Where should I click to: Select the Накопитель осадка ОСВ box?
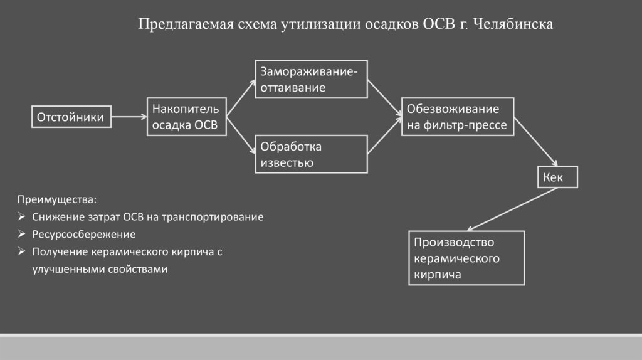pyautogui.click(x=185, y=117)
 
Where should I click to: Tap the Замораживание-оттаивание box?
pyautogui.click(x=310, y=79)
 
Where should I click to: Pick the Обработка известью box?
pyautogui.click(x=310, y=154)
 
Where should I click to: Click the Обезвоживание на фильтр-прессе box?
pyautogui.click(x=458, y=117)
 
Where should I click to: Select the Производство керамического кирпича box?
pyautogui.click(x=466, y=258)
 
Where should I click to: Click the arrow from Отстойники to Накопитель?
pyautogui.click(x=130, y=117)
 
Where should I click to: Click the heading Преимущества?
pyautogui.click(x=57, y=200)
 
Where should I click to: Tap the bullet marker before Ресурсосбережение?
pyautogui.click(x=21, y=235)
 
